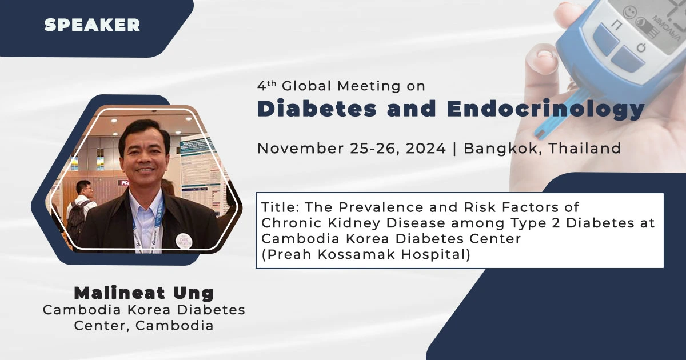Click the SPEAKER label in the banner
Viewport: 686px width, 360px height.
(x=92, y=25)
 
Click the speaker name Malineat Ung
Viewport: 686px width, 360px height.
(x=143, y=293)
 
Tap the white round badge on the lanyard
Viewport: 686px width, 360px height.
(x=184, y=241)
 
